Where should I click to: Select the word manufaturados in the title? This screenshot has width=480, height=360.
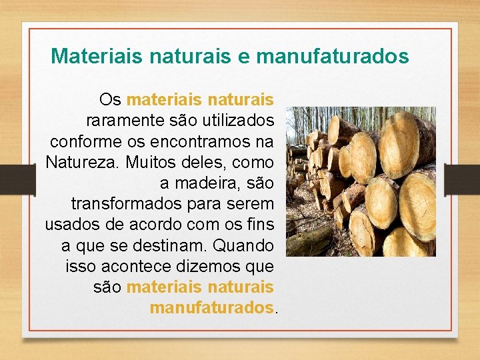(x=332, y=56)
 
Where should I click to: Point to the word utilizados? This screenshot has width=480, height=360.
(x=232, y=121)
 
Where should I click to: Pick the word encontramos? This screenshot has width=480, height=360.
(x=198, y=141)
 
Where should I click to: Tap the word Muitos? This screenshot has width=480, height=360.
(x=149, y=162)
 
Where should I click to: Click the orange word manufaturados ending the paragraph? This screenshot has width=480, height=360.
(x=212, y=308)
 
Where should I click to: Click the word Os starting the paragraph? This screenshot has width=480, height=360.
(x=110, y=100)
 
